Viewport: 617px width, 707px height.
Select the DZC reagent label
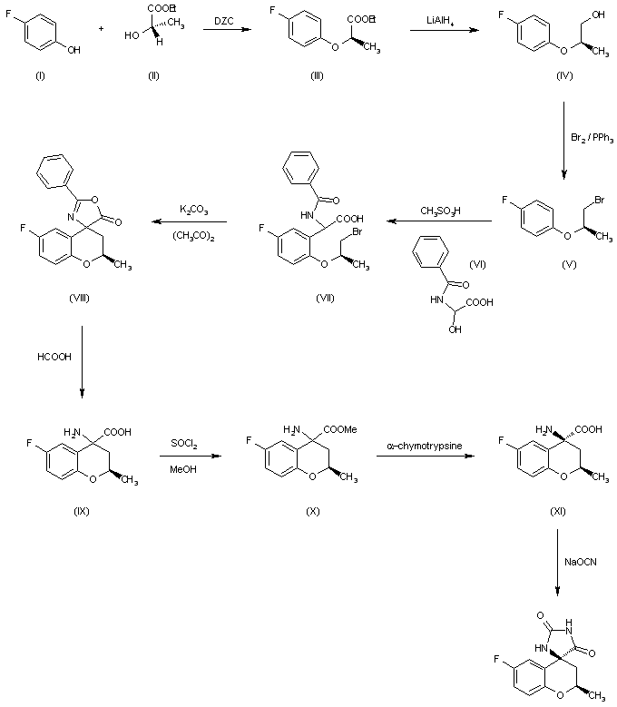click(227, 19)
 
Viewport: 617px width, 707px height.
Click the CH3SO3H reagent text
click(439, 211)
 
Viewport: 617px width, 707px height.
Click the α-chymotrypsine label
click(423, 446)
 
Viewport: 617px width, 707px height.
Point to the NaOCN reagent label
click(581, 563)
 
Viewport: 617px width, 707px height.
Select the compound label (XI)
click(556, 512)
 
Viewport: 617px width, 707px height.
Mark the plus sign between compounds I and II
click(100, 29)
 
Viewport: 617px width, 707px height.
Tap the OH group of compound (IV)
click(599, 13)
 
